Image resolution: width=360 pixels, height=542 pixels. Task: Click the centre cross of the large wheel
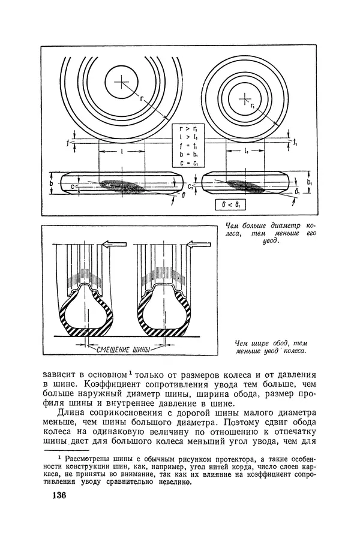click(x=121, y=82)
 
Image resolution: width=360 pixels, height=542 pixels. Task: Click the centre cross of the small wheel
click(x=244, y=99)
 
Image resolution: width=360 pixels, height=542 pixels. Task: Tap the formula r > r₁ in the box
click(x=189, y=130)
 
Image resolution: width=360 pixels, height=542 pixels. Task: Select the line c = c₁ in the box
click(x=189, y=163)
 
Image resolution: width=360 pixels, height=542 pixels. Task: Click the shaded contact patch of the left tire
click(x=122, y=186)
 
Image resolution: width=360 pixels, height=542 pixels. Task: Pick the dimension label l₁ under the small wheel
click(x=246, y=151)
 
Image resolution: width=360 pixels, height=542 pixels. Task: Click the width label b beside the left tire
click(x=51, y=183)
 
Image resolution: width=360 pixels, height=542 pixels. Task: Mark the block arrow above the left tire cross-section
click(x=115, y=245)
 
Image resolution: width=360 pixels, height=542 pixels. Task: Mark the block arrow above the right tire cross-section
click(x=199, y=245)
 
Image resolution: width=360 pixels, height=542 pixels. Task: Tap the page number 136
click(x=59, y=495)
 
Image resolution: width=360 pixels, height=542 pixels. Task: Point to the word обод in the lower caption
click(x=280, y=343)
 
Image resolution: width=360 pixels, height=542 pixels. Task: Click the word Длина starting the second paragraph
click(x=71, y=413)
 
